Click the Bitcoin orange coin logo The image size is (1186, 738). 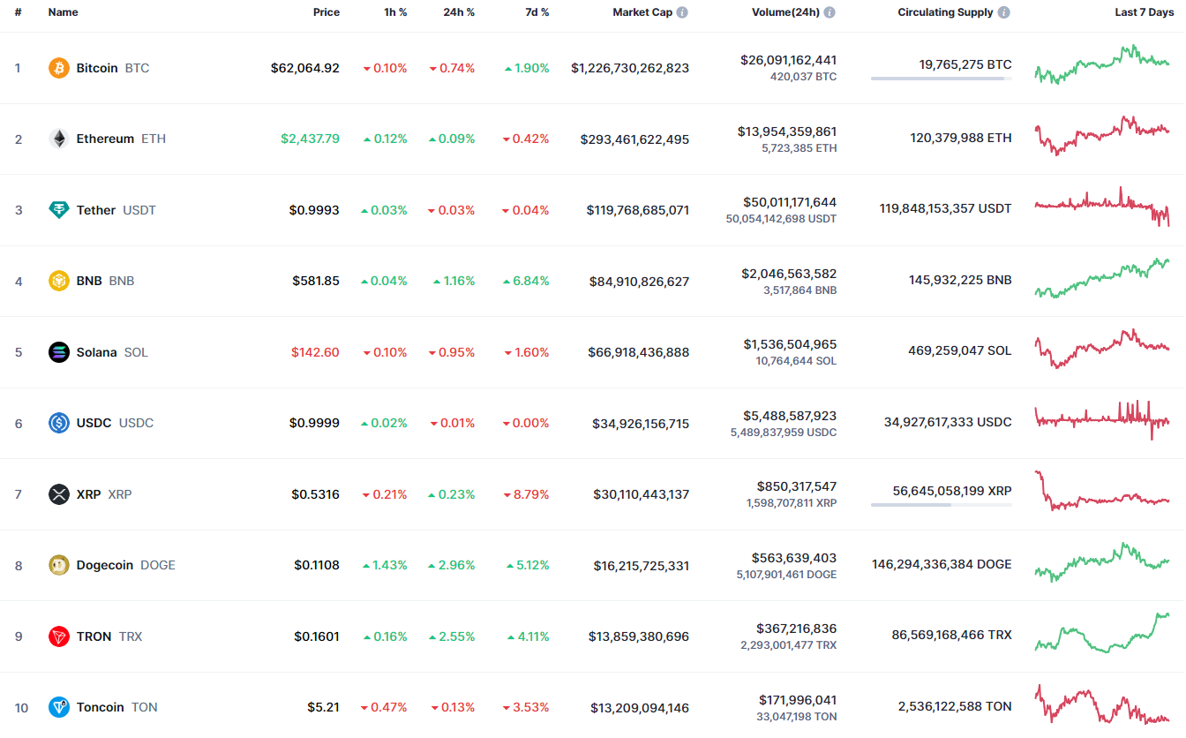(59, 68)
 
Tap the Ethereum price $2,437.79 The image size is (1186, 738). (310, 139)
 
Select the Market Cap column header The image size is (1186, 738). (642, 12)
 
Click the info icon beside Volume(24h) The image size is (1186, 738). (829, 12)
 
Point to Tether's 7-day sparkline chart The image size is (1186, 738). (1102, 207)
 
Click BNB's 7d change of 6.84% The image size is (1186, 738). (526, 281)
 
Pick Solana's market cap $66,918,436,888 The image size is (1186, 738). (639, 352)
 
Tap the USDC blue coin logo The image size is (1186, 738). (59, 423)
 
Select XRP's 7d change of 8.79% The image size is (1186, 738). (526, 494)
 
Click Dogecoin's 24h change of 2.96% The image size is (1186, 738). (451, 565)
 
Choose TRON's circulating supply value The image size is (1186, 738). (951, 635)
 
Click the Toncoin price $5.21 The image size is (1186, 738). (323, 707)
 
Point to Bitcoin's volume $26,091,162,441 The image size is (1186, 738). (788, 60)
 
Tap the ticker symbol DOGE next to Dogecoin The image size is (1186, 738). (158, 565)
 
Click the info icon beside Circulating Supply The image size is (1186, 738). (1003, 12)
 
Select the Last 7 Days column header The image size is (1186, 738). (1145, 12)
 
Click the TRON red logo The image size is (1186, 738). (59, 636)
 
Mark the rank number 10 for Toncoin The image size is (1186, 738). (21, 708)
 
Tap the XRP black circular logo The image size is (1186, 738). (59, 494)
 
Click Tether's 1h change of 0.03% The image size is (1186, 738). (384, 210)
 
